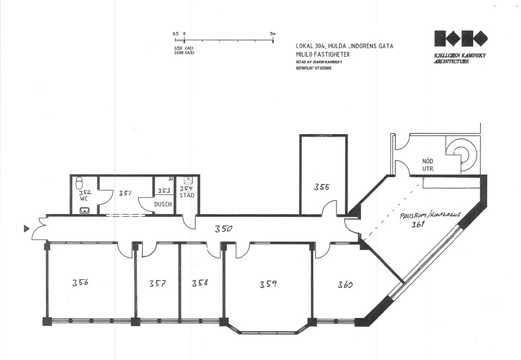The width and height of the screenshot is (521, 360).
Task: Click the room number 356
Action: pos(81,283)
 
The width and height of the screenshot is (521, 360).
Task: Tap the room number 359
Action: pos(268,284)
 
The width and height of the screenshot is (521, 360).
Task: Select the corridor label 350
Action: pos(223,229)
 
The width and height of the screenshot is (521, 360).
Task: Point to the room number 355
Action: pos(322,187)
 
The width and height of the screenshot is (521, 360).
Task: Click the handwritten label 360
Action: pos(346,284)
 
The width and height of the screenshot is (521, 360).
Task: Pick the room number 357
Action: pos(157,283)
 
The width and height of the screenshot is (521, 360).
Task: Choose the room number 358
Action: pos(200,283)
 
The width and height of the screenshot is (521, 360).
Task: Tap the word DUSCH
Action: pos(163,204)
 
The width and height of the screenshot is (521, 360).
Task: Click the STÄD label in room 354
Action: pos(187,195)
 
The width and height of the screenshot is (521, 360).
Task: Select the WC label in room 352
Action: pos(84,199)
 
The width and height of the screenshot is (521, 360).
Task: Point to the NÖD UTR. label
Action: pos(428,165)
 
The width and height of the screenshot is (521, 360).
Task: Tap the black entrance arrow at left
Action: pos(26,229)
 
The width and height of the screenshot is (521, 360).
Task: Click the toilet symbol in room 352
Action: pos(79,183)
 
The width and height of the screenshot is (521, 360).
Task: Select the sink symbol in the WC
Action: pos(85,210)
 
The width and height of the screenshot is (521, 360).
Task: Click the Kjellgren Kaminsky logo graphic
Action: pos(461,38)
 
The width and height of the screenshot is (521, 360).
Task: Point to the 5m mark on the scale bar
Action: pos(273,40)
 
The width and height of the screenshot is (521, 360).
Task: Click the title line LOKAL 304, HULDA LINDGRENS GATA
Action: pos(345,46)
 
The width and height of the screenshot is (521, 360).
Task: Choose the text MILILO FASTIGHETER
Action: pos(323,54)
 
